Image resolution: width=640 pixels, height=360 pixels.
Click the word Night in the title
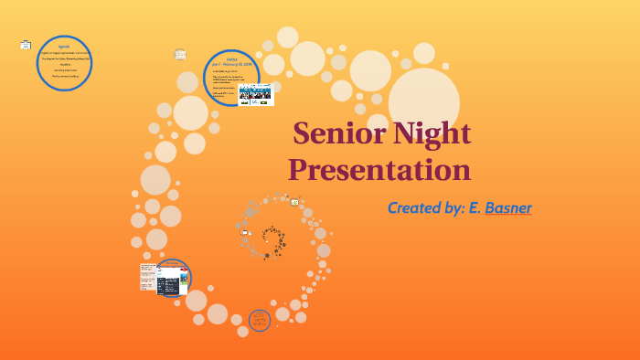428,134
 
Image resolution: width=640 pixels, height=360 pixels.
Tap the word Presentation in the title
379,170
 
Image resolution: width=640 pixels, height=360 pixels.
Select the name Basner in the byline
508,207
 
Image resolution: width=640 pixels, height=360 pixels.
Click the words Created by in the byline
425,207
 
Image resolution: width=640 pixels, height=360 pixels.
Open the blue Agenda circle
64,64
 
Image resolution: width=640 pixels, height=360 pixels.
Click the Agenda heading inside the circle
64,46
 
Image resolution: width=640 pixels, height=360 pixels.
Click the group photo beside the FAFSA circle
256,95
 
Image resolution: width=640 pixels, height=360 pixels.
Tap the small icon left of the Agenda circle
26,44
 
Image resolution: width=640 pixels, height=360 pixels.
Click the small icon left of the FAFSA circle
181,54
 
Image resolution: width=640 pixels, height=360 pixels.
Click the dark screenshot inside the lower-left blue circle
169,285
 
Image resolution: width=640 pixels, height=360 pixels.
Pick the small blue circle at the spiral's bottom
260,320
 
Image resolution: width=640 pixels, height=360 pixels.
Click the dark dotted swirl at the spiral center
272,242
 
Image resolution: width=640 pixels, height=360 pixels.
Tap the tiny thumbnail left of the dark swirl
245,232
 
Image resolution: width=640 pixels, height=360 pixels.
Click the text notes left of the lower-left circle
147,277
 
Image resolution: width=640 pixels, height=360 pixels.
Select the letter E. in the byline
475,207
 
